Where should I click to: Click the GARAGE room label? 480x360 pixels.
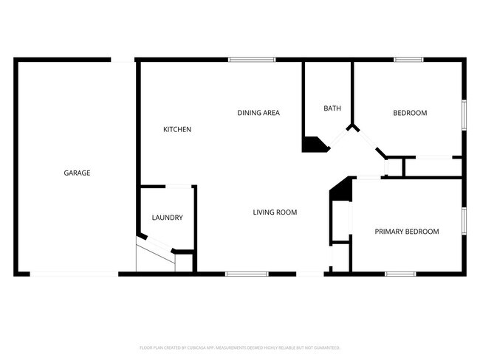click(x=77, y=173)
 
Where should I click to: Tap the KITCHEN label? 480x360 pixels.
click(x=177, y=129)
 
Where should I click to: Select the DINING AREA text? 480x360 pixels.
click(x=258, y=112)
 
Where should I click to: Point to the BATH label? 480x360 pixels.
click(x=332, y=108)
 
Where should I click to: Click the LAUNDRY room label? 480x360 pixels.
click(x=167, y=218)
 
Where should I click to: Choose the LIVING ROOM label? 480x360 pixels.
click(x=275, y=212)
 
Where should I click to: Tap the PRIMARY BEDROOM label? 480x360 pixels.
click(x=406, y=231)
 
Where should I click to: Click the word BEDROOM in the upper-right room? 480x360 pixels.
click(x=410, y=113)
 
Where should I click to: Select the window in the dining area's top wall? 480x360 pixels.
click(x=251, y=60)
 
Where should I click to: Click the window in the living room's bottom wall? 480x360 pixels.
click(x=247, y=274)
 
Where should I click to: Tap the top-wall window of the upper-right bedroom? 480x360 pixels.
click(x=408, y=60)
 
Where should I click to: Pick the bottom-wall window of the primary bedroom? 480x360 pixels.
click(x=400, y=274)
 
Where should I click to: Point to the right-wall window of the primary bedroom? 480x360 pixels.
click(x=464, y=222)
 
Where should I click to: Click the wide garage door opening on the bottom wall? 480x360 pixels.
click(x=73, y=274)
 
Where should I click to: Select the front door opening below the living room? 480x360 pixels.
click(x=310, y=274)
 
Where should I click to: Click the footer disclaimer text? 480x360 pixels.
click(x=239, y=347)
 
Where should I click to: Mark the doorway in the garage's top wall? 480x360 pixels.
click(x=123, y=60)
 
